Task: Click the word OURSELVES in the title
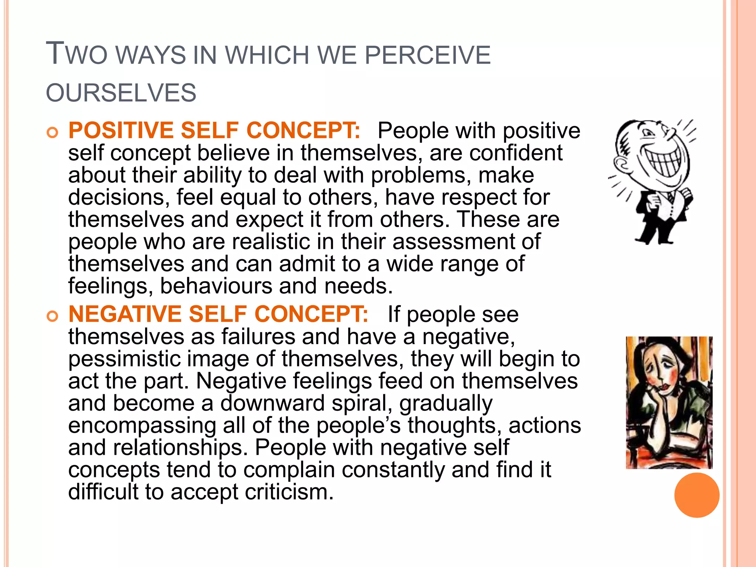pos(121,93)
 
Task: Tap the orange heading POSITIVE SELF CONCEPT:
pos(214,130)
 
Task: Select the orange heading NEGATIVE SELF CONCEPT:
pos(218,314)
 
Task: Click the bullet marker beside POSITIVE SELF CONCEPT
pos(52,132)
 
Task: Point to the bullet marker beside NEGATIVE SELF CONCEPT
pos(52,316)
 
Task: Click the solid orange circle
pos(697,495)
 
